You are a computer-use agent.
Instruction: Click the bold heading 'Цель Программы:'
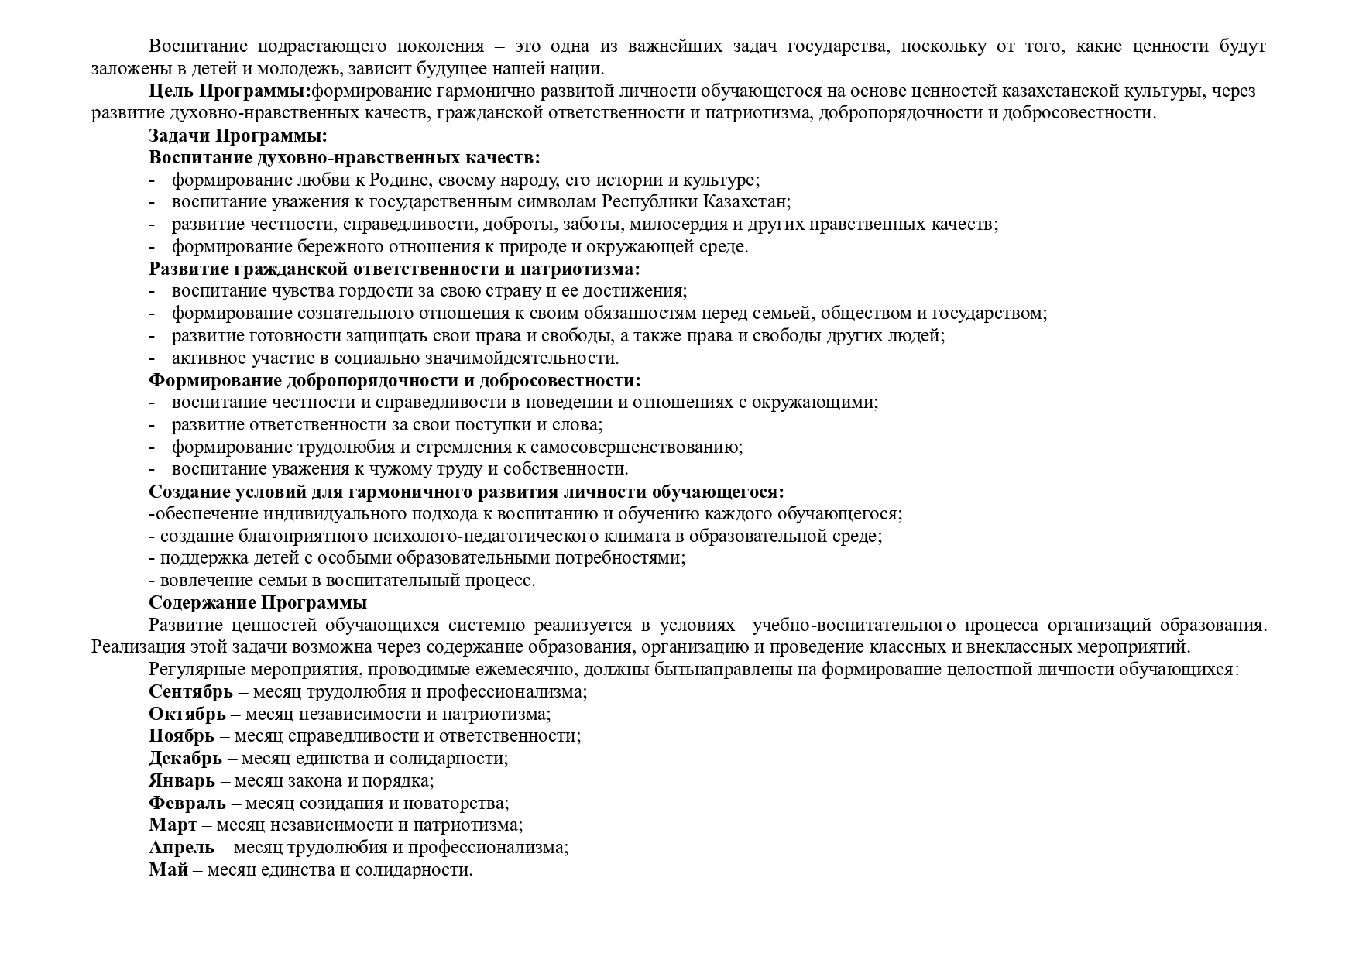point(229,91)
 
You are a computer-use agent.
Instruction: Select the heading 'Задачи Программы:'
point(239,135)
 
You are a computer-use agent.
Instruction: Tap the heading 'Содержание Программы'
point(258,602)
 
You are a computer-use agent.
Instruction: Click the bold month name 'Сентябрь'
point(190,691)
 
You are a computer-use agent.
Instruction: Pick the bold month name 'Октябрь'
point(187,714)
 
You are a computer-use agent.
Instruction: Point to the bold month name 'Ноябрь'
point(183,736)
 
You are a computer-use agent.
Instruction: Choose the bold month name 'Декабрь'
point(185,759)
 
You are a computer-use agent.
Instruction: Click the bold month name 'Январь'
point(182,781)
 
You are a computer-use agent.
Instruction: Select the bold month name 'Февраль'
point(187,803)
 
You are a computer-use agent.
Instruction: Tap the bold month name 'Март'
point(173,825)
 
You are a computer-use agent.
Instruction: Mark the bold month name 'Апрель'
point(181,848)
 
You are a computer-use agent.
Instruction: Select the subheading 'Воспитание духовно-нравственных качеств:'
point(345,158)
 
